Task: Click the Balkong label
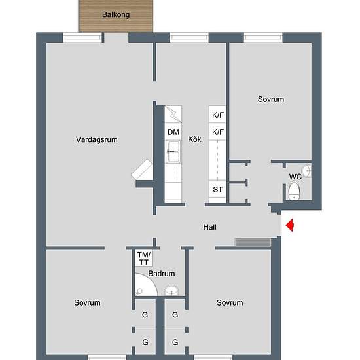115,14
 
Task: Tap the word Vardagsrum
96,139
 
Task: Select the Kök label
194,139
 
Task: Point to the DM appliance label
173,132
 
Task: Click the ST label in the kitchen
218,190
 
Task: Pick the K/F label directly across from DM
218,132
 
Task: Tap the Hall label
209,227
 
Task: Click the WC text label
295,177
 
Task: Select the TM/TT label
143,258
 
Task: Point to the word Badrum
161,274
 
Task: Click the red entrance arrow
291,226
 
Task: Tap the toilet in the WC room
295,192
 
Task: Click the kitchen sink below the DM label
173,155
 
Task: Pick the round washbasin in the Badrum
171,291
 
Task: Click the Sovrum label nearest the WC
270,99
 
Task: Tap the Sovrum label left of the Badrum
87,303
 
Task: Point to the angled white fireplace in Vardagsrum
143,171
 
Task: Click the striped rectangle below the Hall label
253,243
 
